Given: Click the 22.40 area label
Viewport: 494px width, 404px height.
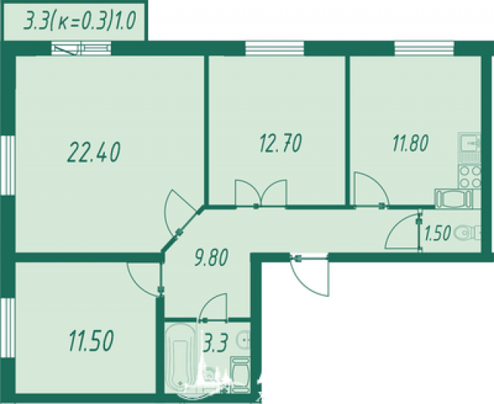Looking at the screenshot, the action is (93, 153).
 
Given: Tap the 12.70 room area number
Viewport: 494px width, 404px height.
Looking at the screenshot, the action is (280, 143).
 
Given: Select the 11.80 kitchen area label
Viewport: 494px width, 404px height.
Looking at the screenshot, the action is (411, 143).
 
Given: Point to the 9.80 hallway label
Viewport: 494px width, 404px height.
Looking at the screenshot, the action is (211, 257).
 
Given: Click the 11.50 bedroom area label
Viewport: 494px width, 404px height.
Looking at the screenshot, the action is (91, 341).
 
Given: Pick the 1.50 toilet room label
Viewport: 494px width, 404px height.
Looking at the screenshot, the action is (438, 233).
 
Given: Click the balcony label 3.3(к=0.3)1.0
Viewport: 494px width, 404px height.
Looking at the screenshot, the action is (80, 22).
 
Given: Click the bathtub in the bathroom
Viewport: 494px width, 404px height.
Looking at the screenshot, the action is (180, 358).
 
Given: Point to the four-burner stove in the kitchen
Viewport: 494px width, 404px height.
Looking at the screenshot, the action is (470, 177).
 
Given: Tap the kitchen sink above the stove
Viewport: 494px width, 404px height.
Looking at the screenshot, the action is (469, 144).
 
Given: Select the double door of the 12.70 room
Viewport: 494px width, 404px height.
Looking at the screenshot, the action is (261, 194).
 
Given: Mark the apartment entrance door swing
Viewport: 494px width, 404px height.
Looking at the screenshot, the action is (310, 275).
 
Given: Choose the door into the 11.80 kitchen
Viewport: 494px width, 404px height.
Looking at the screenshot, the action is (371, 190).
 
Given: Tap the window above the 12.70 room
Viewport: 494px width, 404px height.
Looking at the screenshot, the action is (275, 48).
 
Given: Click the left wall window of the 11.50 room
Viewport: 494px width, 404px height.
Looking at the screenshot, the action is (8, 327).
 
